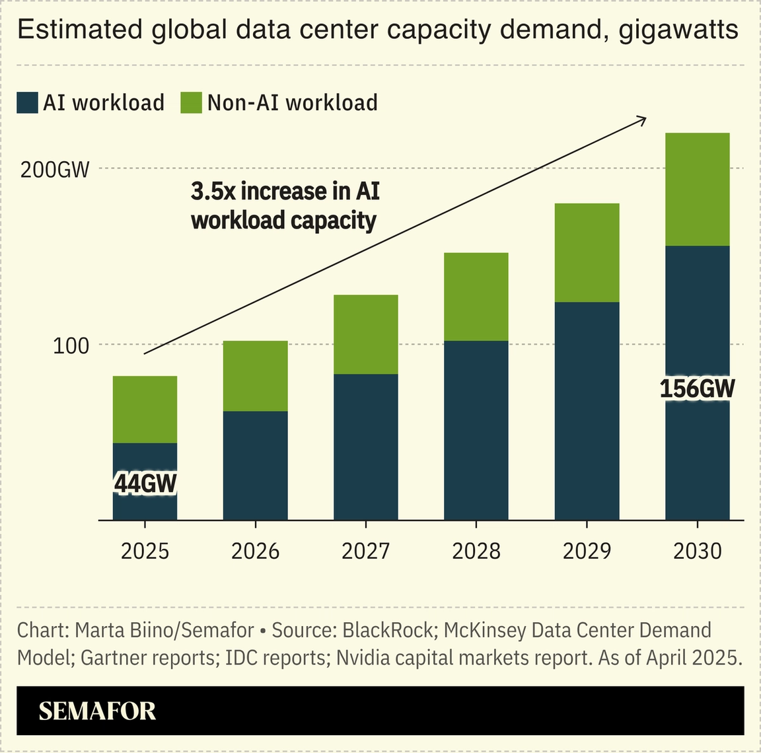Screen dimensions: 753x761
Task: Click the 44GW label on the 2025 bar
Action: (x=145, y=484)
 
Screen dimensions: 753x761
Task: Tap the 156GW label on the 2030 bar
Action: (x=697, y=388)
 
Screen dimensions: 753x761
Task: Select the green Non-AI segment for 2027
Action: (x=366, y=334)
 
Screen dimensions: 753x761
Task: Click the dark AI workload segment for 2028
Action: (x=476, y=429)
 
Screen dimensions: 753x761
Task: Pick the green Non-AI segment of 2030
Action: (x=697, y=190)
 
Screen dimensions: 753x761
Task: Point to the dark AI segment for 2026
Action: (x=256, y=466)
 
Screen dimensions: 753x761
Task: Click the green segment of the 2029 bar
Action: (x=587, y=252)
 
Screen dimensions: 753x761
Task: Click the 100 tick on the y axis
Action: (x=71, y=345)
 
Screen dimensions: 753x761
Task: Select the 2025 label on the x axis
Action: (x=145, y=551)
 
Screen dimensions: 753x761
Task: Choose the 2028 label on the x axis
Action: (x=476, y=551)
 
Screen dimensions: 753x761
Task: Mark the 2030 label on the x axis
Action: (x=697, y=551)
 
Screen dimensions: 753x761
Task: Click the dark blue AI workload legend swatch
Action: (x=28, y=103)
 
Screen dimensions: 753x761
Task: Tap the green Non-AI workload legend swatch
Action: (x=191, y=103)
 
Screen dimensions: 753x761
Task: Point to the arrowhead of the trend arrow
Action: (x=641, y=118)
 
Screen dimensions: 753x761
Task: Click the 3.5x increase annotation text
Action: (x=285, y=205)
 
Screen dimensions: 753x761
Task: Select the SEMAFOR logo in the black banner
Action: (x=97, y=711)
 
